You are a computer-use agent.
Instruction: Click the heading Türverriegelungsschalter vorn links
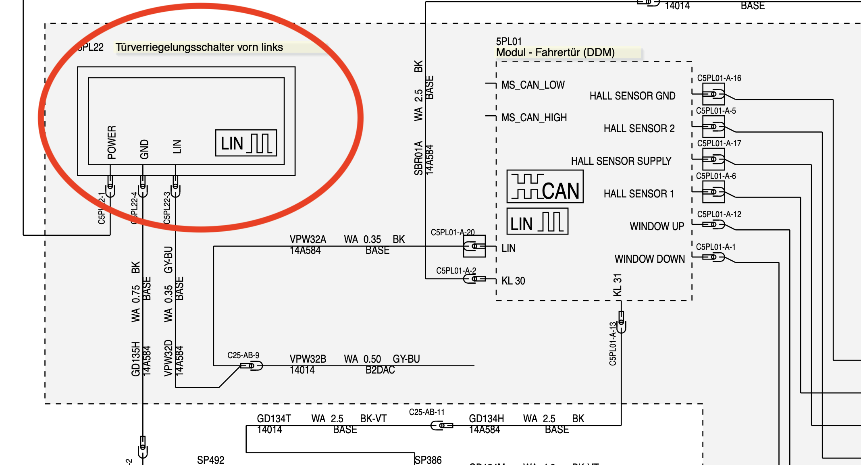[199, 47]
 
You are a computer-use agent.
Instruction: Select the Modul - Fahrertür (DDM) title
[555, 52]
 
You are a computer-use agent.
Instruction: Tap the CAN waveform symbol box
[545, 187]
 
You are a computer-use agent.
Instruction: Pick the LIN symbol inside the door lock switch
[246, 143]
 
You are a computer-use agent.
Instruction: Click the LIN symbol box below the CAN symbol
[537, 222]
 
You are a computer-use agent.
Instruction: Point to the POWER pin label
[112, 142]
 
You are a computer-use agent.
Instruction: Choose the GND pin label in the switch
[144, 149]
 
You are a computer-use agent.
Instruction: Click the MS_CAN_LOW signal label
[533, 85]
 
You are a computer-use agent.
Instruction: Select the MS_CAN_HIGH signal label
[534, 118]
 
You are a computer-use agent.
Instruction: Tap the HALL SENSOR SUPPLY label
[621, 161]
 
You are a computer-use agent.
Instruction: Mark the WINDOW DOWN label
[649, 259]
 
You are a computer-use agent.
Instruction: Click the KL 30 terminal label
[513, 281]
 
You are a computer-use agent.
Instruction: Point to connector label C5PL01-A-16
[719, 78]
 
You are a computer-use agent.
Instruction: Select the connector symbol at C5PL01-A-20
[474, 246]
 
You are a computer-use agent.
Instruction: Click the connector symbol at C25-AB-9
[252, 366]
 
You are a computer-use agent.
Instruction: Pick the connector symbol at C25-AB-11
[442, 426]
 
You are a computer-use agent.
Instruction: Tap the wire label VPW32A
[308, 239]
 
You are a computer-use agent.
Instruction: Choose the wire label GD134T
[274, 419]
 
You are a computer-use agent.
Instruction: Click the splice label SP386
[428, 460]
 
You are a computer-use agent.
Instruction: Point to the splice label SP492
[210, 460]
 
